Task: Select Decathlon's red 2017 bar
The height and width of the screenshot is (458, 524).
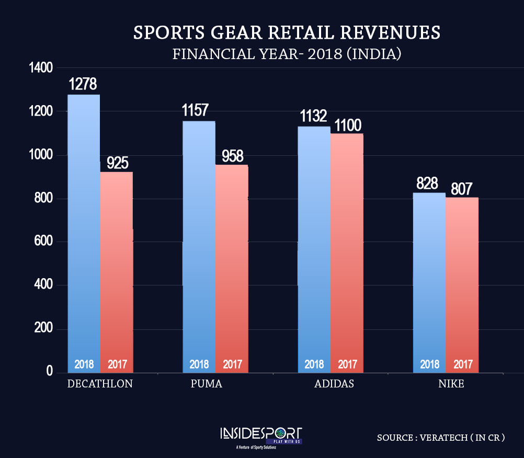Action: [116, 272]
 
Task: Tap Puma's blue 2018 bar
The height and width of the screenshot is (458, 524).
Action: [199, 246]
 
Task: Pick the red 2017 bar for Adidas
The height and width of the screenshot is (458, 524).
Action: [347, 251]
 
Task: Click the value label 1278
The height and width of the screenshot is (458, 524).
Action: [83, 84]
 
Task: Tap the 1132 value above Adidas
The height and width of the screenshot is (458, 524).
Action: [313, 116]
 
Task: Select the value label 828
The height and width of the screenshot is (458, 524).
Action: [427, 184]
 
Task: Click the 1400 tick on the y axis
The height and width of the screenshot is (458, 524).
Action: [41, 68]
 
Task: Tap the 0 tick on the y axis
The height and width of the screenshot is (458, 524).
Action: [49, 371]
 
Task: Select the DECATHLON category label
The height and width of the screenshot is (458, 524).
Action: [100, 384]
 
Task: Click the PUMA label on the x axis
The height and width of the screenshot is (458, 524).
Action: [207, 384]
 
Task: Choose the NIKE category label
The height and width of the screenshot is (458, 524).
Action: [451, 384]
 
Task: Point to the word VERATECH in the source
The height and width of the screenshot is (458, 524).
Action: [442, 438]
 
